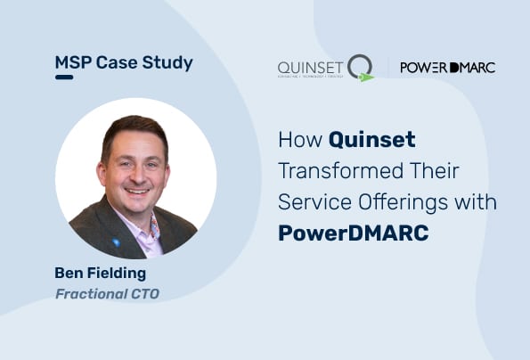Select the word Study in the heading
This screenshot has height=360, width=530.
[x=166, y=63]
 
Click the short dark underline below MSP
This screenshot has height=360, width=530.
[x=63, y=78]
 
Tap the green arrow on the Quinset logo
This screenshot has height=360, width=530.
[x=365, y=78]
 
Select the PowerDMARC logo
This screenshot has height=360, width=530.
[x=448, y=67]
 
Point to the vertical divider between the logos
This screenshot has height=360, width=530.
[x=387, y=68]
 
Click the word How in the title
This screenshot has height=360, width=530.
[x=300, y=140]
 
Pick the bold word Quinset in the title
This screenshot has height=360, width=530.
[x=372, y=140]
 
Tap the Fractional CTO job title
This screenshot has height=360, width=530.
[x=107, y=293]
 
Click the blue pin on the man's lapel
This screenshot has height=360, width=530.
[x=116, y=241]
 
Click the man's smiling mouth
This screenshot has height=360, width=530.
[x=137, y=191]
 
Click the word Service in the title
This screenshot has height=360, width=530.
[x=309, y=202]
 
